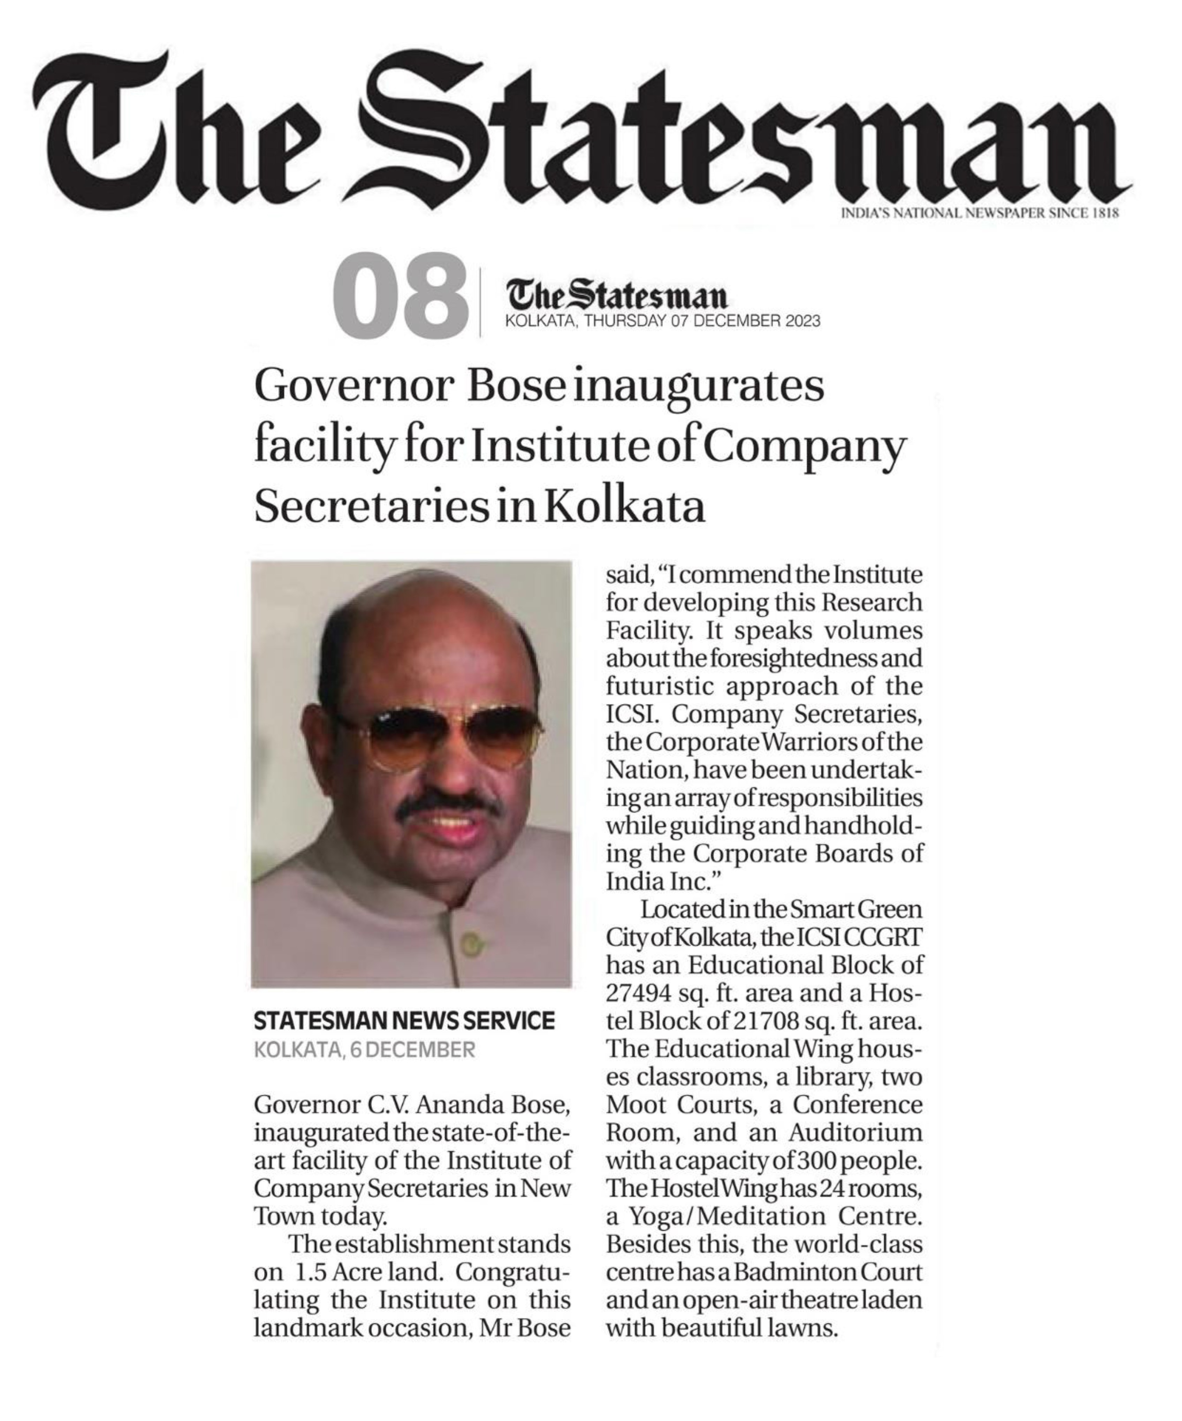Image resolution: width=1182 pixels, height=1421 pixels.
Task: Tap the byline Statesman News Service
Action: (x=404, y=1020)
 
